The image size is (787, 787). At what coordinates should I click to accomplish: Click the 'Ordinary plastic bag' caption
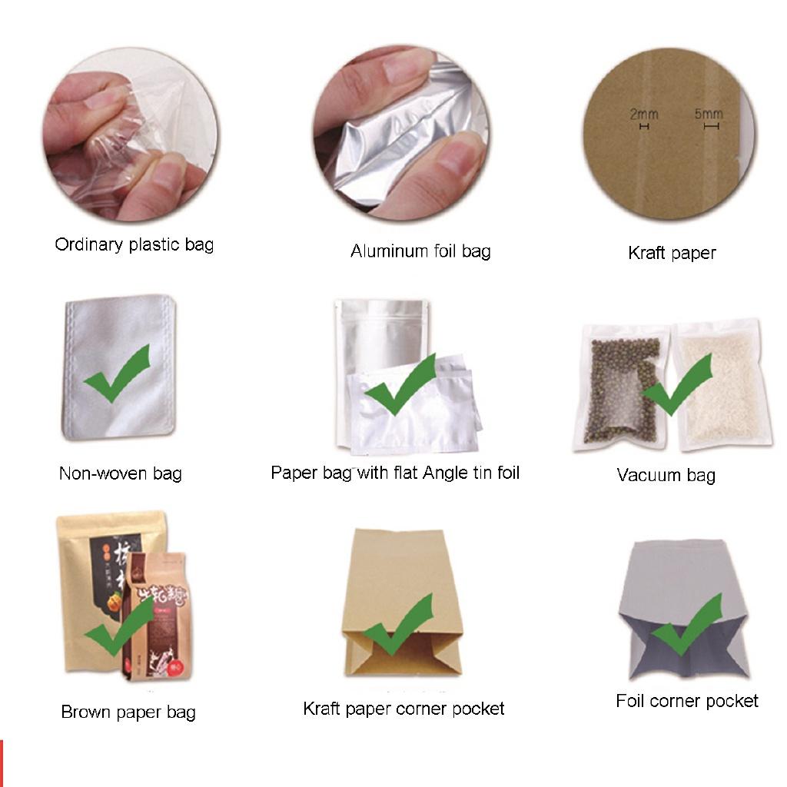[x=134, y=245]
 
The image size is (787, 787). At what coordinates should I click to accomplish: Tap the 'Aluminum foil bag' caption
[x=420, y=251]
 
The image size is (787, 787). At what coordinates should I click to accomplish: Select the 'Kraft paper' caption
[x=672, y=253]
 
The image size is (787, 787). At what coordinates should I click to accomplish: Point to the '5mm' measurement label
[x=708, y=115]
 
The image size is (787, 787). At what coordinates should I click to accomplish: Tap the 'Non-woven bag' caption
[x=121, y=473]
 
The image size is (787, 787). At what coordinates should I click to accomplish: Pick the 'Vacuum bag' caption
[x=666, y=475]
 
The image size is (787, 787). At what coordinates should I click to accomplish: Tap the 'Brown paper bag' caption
[x=128, y=712]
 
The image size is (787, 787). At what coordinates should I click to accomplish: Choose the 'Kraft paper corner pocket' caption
[x=403, y=709]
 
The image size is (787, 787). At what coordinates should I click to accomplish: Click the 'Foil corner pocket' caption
[x=687, y=701]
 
